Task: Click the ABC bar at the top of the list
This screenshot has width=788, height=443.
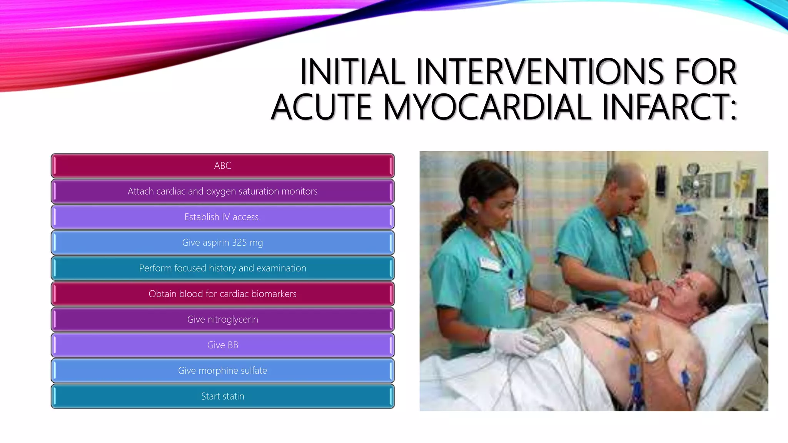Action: (x=222, y=166)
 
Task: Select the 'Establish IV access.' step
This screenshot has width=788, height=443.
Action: (x=222, y=217)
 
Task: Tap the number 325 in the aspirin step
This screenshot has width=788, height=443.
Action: (x=239, y=243)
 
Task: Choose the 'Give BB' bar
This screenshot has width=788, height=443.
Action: (x=222, y=345)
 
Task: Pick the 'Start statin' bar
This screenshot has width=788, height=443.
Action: (x=222, y=396)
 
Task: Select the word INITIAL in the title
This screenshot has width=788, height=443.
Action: (x=352, y=72)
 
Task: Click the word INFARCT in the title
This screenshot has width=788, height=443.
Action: (x=663, y=107)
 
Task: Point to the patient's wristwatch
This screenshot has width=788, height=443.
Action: (x=651, y=356)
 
